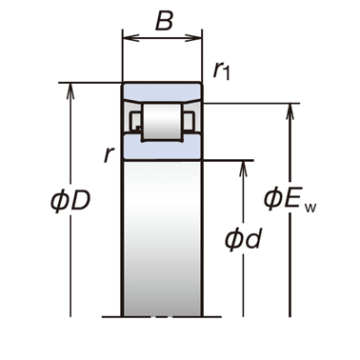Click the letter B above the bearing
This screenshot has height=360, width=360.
(x=164, y=21)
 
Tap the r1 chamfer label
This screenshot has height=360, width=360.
(x=221, y=70)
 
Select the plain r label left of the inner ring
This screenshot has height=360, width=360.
(x=109, y=154)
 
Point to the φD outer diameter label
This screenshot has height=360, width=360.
(x=70, y=201)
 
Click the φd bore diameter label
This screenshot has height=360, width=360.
(x=243, y=239)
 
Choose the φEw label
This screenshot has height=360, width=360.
(x=290, y=200)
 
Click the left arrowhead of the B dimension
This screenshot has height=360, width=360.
(x=130, y=38)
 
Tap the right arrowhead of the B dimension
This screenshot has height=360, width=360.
(x=193, y=38)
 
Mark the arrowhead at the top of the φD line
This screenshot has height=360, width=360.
(x=70, y=91)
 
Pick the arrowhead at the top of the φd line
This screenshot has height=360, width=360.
(x=243, y=169)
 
